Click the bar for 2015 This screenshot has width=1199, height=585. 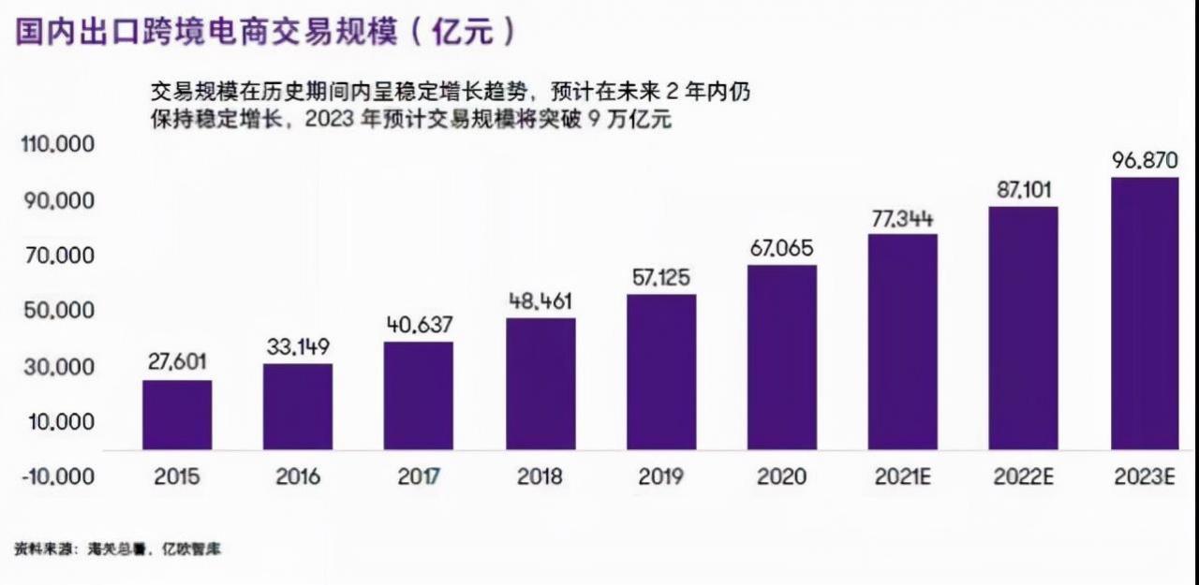(177, 415)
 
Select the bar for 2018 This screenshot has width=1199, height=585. (540, 384)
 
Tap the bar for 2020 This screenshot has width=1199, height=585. (781, 358)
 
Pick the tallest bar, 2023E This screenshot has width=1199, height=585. (1145, 314)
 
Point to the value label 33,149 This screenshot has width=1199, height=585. (298, 346)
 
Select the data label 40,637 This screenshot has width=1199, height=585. (419, 325)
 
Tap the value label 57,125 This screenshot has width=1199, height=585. (660, 278)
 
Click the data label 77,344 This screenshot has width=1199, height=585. (902, 219)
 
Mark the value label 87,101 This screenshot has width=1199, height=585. (1023, 190)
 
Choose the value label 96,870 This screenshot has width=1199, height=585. (1145, 160)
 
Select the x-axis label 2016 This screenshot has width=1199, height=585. (298, 476)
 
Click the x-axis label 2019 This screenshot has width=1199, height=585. (660, 476)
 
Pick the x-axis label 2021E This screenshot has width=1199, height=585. (902, 476)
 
